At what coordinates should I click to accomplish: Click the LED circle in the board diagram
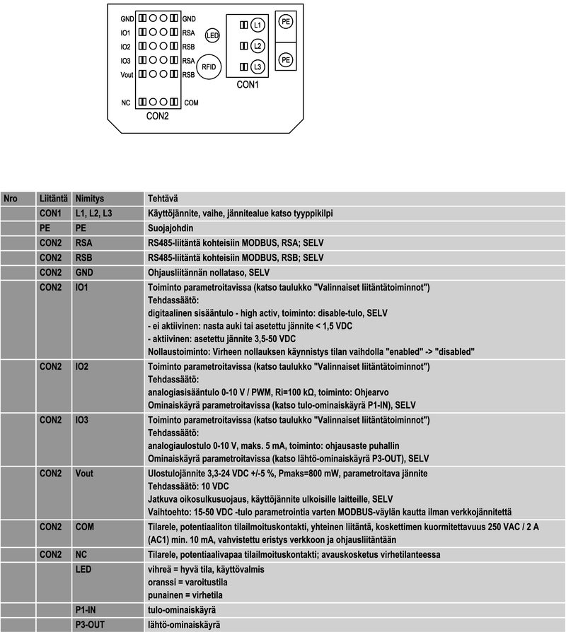pos(212,35)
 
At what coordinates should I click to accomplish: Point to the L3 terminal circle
pos(258,66)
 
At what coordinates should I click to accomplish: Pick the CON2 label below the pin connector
pos(157,116)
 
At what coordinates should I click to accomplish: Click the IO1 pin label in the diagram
pos(125,33)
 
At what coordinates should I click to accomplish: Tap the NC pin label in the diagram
pos(125,103)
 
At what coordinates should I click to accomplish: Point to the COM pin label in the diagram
pos(191,103)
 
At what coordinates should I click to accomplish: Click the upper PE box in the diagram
pos(286,23)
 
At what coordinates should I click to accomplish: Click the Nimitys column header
pos(89,199)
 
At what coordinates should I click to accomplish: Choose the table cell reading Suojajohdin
pos(170,228)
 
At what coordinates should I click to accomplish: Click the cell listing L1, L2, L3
pos(93,213)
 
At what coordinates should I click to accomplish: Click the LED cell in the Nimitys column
pos(83,569)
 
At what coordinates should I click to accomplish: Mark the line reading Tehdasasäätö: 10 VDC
pos(188,486)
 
